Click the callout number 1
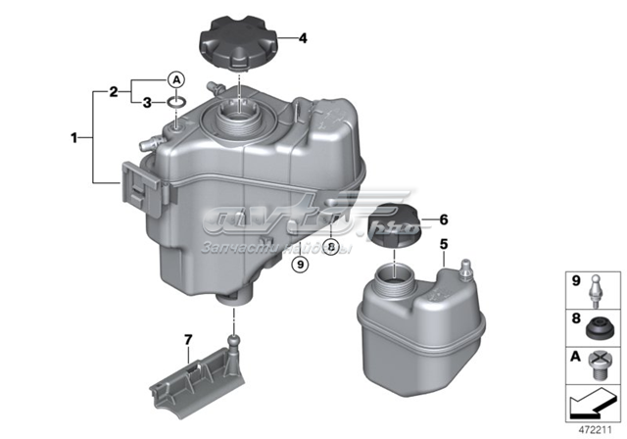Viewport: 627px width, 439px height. (x=72, y=139)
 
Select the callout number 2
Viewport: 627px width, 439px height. (x=115, y=91)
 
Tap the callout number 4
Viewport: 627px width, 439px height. (x=303, y=39)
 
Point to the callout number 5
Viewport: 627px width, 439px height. (x=443, y=243)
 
